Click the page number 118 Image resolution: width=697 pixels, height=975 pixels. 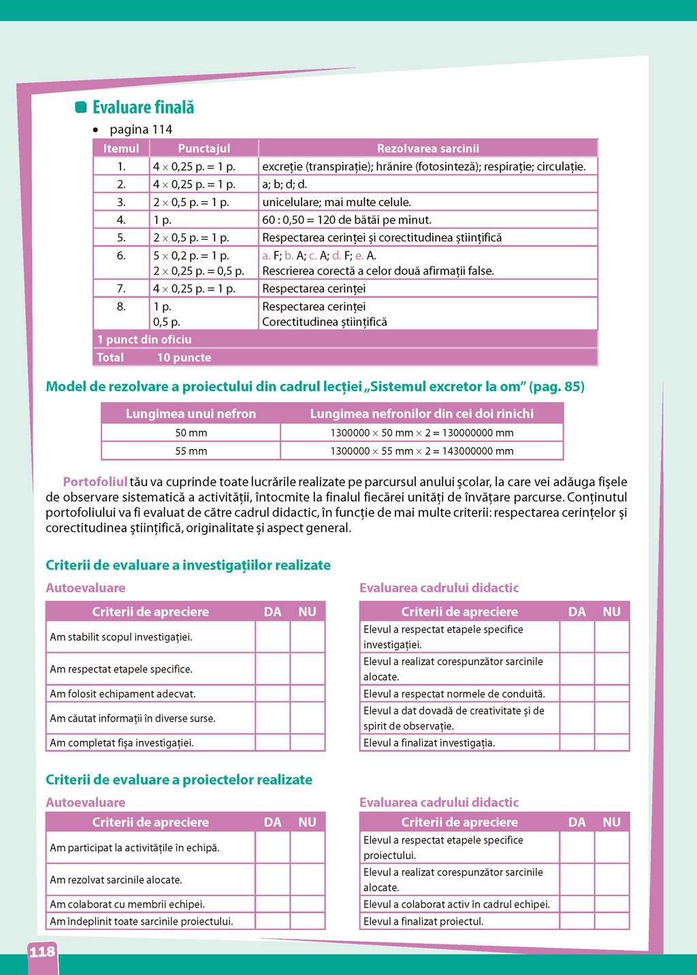(x=42, y=952)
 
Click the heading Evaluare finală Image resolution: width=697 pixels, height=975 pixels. (x=143, y=107)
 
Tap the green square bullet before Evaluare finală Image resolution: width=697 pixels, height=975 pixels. (x=81, y=107)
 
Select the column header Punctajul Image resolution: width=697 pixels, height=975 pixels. (x=204, y=148)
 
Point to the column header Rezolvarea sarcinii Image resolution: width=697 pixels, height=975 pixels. (x=427, y=148)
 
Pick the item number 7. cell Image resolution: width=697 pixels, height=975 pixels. (x=121, y=288)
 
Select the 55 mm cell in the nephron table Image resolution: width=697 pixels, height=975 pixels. (x=191, y=451)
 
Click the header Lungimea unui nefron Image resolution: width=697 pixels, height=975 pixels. (x=191, y=413)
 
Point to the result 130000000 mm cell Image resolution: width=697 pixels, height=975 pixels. (x=422, y=432)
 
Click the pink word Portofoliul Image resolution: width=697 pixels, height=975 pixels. (x=95, y=482)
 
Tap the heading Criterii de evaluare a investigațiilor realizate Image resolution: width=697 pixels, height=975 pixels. (x=188, y=565)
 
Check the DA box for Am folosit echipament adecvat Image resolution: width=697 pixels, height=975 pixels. (x=273, y=694)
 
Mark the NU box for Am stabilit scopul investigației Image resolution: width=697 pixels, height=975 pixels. (x=308, y=637)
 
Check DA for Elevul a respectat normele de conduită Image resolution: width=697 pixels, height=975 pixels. (x=577, y=694)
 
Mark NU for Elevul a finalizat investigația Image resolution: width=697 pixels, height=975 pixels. (x=612, y=742)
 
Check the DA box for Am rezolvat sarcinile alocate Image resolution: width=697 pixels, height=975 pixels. (x=273, y=879)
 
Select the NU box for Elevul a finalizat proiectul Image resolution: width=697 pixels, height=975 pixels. (x=612, y=921)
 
